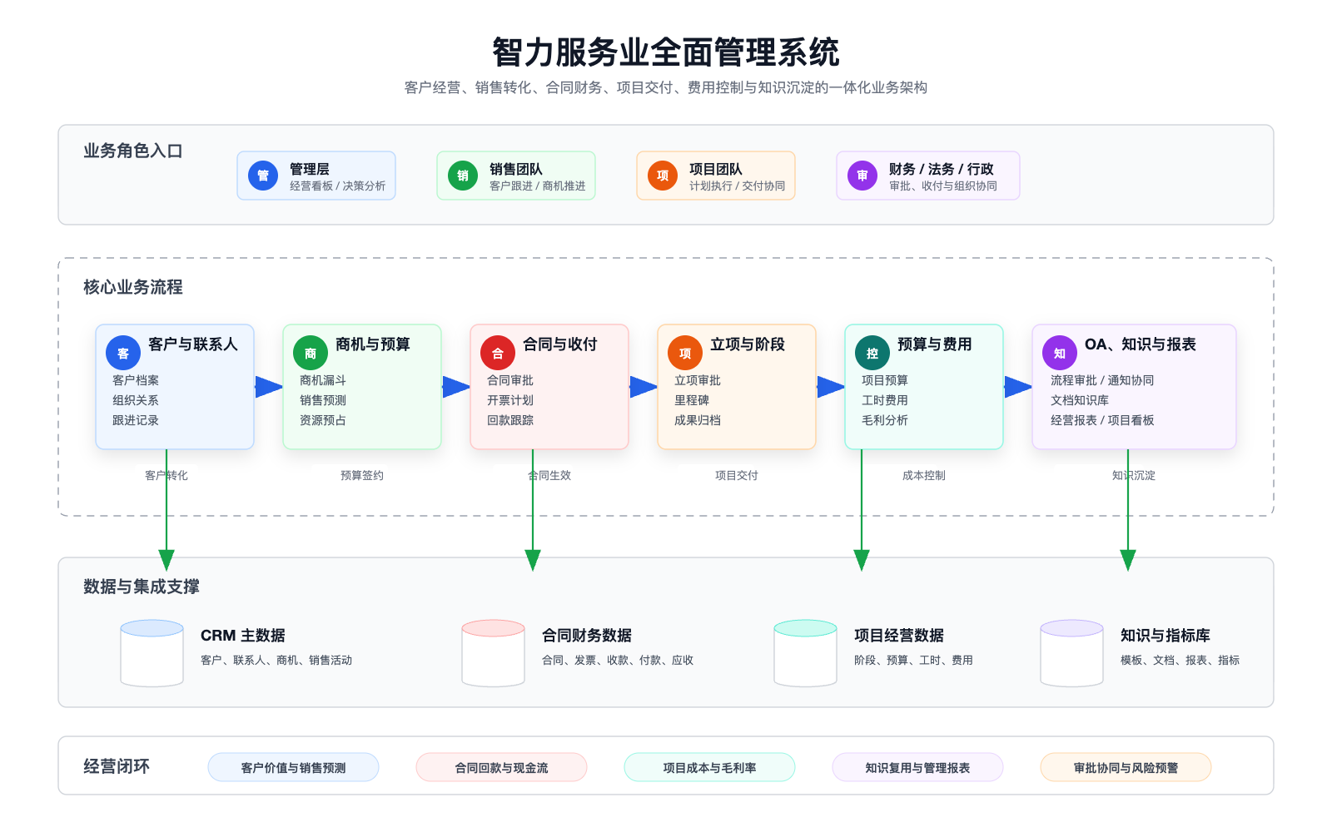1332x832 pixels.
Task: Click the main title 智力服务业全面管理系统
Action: point(666,52)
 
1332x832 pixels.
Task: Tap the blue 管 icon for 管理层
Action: point(263,176)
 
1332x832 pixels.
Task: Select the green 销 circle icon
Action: point(463,176)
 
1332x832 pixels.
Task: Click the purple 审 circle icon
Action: point(862,176)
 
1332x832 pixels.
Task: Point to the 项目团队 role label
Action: point(716,169)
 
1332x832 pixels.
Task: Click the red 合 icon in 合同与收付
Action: point(498,354)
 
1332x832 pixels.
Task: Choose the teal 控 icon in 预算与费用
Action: point(872,354)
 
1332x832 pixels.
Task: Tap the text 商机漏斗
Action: point(323,380)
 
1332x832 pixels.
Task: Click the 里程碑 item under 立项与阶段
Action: point(692,400)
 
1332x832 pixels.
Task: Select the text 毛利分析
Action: point(885,420)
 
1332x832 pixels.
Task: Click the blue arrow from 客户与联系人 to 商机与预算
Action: point(268,387)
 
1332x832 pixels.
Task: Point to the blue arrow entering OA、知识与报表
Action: point(1017,387)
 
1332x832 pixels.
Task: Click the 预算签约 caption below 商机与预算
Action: point(362,476)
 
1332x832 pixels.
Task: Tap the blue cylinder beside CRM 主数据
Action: point(152,653)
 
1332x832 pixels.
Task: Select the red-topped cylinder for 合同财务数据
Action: point(494,653)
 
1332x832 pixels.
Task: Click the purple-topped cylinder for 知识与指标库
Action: point(1072,653)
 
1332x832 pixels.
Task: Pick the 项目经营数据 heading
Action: point(899,636)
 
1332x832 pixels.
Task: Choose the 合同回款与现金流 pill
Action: point(501,768)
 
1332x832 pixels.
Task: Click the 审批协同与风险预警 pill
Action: point(1126,768)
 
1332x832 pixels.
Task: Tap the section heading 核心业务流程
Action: point(133,287)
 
